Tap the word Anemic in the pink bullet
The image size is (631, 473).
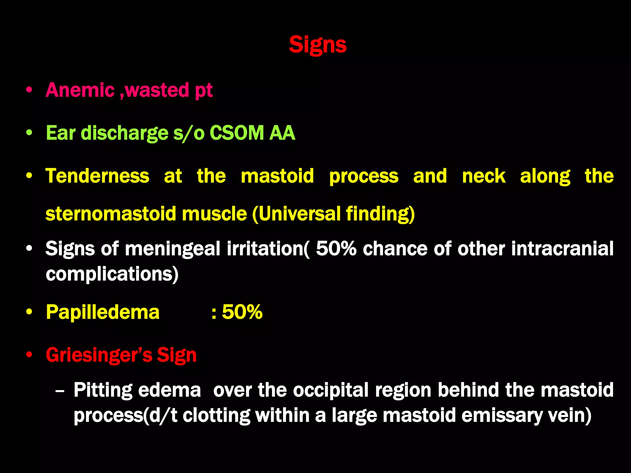point(80,90)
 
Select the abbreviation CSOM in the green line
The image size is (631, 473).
point(237,133)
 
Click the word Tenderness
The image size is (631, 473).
point(97,176)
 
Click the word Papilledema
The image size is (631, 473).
point(103,312)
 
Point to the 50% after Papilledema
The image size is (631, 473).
point(242,312)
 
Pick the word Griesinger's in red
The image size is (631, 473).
point(99,355)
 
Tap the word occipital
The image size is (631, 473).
point(331,390)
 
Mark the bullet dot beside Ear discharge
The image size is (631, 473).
point(29,133)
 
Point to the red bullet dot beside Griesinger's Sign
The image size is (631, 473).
point(29,355)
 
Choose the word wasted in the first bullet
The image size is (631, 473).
point(157,90)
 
